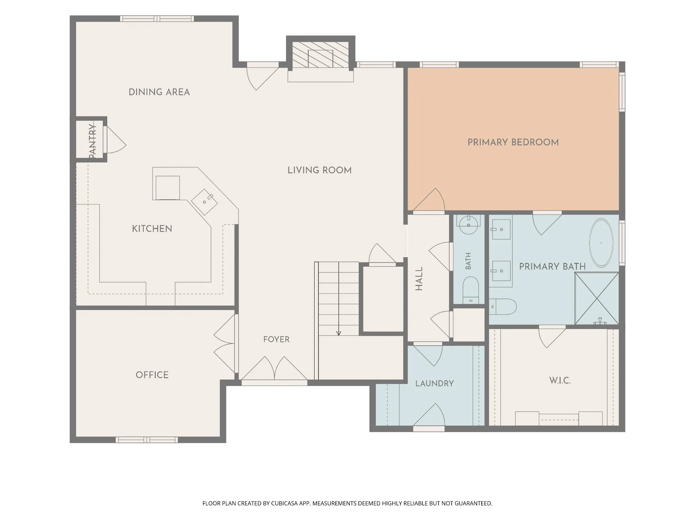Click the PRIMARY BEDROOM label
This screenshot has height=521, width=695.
[x=513, y=142]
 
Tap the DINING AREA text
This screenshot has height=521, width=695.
[x=159, y=92]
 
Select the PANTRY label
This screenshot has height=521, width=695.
[x=92, y=141]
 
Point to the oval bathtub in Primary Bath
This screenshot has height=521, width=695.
[x=601, y=243]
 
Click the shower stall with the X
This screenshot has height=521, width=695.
[x=597, y=298]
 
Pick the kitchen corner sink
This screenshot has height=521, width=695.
[x=205, y=202]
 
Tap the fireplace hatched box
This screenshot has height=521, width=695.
[x=321, y=55]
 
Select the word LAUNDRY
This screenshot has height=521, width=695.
[x=434, y=383]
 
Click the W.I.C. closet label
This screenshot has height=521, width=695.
[x=560, y=381]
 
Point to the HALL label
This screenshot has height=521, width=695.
[x=419, y=279]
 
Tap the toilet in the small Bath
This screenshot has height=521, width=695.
[x=471, y=290]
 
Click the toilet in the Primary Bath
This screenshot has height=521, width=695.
[x=503, y=307]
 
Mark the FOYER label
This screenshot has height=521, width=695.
[x=277, y=339]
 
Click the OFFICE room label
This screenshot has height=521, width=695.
[x=152, y=375]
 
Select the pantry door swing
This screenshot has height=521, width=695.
[x=115, y=140]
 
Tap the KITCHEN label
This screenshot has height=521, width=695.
[x=152, y=229]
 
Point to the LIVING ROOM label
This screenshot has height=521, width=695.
[x=320, y=170]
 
